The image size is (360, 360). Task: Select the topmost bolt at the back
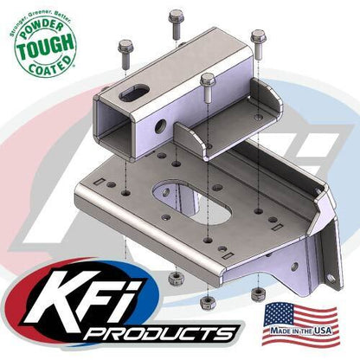click(x=177, y=18)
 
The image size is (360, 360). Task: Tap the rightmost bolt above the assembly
click(x=257, y=40)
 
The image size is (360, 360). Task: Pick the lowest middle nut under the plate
click(x=207, y=302)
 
